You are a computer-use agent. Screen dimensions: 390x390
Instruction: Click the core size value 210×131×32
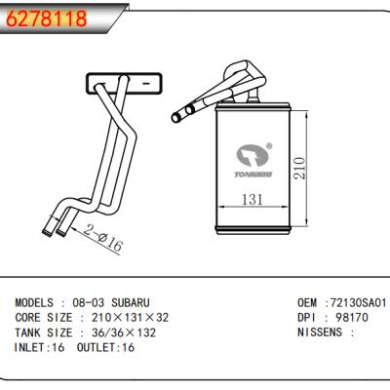pyautogui.click(x=130, y=319)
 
